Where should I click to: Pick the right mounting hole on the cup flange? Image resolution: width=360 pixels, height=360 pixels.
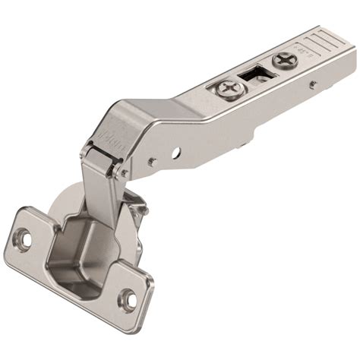pyautogui.click(x=128, y=298)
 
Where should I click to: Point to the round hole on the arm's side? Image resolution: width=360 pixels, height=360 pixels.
pyautogui.click(x=176, y=153)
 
